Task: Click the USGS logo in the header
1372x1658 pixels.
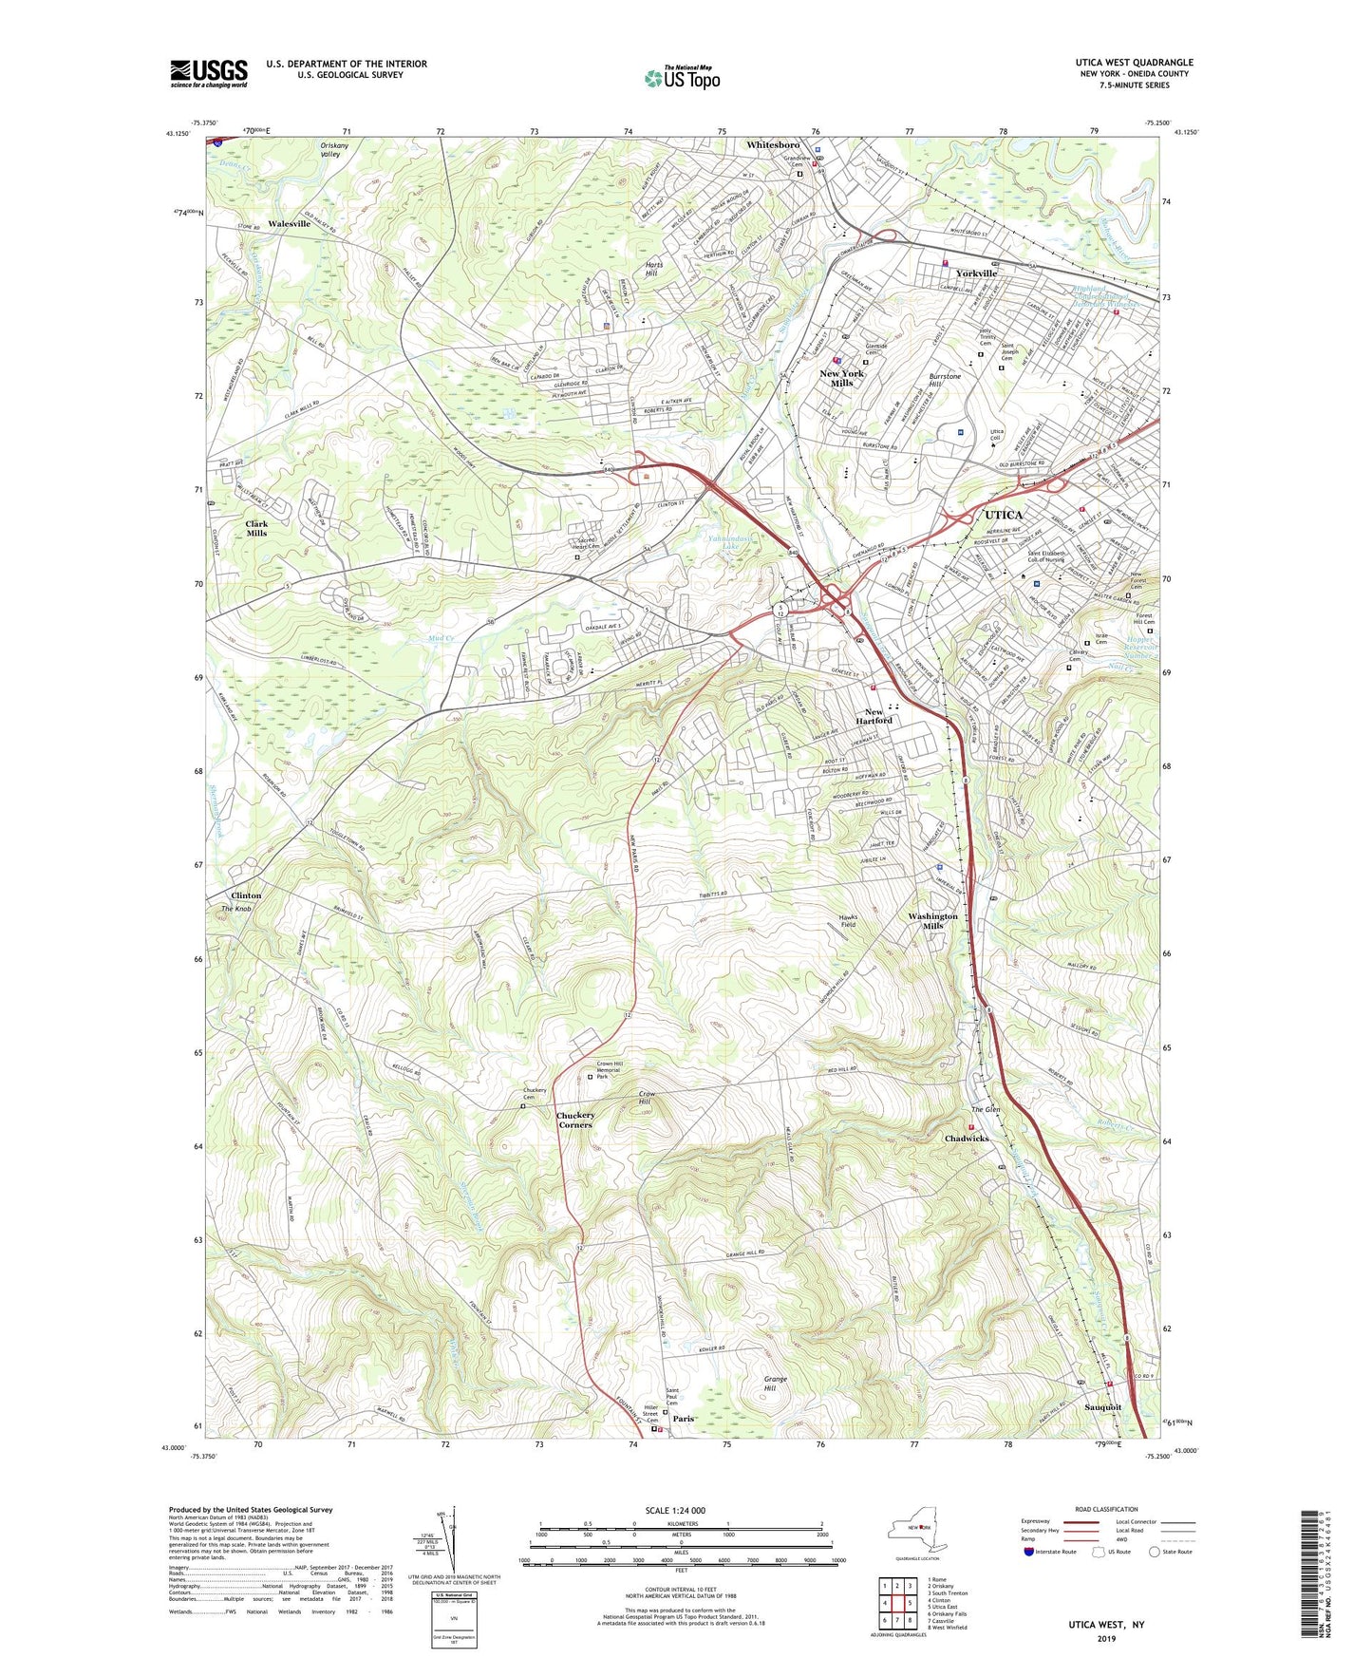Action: coord(208,73)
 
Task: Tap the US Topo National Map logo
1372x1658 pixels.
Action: coord(682,78)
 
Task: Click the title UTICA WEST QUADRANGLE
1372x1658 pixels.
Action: coord(1128,63)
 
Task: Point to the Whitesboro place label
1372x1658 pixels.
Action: coord(773,145)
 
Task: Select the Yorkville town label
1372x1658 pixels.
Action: coord(976,273)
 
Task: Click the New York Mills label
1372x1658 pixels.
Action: coord(841,378)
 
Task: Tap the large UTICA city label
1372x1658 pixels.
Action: coord(997,515)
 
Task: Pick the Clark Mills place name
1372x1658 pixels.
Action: coord(256,528)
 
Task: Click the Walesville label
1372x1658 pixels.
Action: coord(289,224)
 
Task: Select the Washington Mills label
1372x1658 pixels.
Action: coord(932,921)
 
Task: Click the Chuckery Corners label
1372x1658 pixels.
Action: coord(575,1120)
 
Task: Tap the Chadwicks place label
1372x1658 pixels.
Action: coord(967,1138)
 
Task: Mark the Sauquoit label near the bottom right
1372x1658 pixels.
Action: coord(1101,1407)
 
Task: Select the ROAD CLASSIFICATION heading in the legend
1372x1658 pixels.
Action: coord(1106,1509)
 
